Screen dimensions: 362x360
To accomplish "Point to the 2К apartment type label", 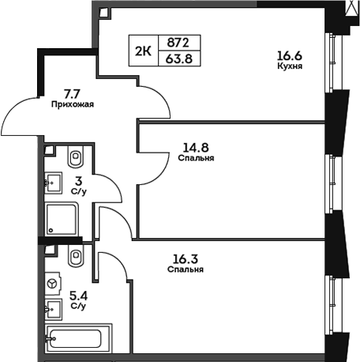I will [x=144, y=50].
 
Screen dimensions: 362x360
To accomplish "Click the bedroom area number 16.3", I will [x=186, y=257].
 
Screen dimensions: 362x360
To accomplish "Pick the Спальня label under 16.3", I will [x=186, y=270].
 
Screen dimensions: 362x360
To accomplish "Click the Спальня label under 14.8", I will [x=197, y=158].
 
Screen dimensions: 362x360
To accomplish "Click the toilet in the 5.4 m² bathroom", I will [x=77, y=255].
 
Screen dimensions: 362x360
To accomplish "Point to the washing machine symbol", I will [x=53, y=282].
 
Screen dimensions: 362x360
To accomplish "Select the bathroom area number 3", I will [x=79, y=180].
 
